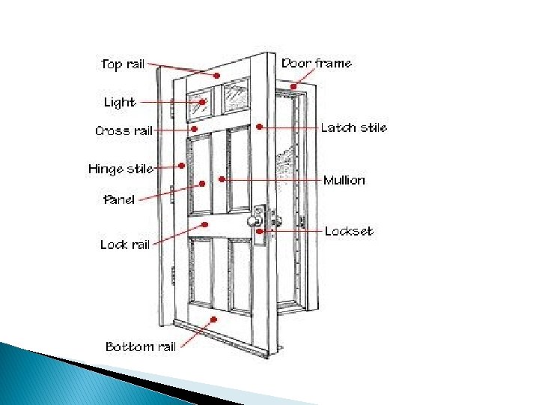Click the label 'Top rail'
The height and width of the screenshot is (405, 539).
point(123,64)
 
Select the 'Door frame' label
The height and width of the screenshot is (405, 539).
point(317,63)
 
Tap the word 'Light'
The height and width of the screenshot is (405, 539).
point(120,102)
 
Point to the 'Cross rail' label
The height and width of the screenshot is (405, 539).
point(124,130)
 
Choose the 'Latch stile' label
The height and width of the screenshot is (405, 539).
point(353,127)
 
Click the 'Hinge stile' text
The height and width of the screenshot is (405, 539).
point(121,169)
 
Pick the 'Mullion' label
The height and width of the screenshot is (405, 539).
point(344,181)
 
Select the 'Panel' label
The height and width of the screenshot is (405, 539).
point(119,199)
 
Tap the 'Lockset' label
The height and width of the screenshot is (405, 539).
point(348,231)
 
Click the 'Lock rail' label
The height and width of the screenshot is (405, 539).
point(125,244)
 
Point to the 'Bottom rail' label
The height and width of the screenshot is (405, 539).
point(141,346)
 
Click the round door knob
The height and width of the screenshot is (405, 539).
point(255,221)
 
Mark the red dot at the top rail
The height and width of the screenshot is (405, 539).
point(216,76)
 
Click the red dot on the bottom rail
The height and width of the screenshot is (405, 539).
point(215,319)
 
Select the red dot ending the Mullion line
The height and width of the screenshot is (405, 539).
point(222,180)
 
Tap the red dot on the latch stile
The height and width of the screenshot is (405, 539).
point(258,127)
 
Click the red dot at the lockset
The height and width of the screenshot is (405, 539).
point(260,232)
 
